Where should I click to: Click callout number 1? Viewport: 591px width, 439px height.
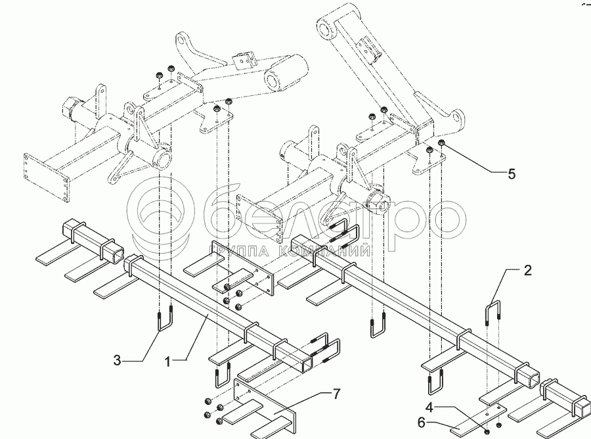click(x=167, y=361)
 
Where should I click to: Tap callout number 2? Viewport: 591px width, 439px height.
click(x=527, y=270)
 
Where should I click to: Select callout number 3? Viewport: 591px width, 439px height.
click(x=118, y=361)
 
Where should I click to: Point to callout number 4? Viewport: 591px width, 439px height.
click(x=431, y=407)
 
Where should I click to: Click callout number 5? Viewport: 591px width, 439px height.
click(x=512, y=174)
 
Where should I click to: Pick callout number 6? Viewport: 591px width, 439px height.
click(x=422, y=423)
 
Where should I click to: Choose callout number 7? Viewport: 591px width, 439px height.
click(x=336, y=394)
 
